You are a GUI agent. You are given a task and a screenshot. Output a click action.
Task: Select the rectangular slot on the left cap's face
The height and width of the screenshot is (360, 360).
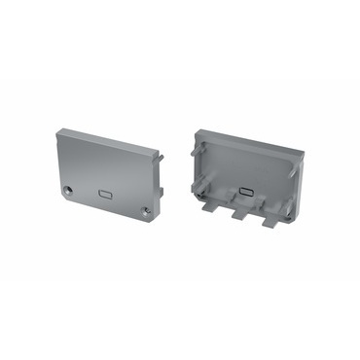pos(103,194)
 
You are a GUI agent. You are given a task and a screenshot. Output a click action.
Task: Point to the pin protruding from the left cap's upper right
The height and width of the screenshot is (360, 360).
pos(161,156)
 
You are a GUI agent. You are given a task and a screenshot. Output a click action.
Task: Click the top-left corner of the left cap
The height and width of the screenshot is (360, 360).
pos(59,128)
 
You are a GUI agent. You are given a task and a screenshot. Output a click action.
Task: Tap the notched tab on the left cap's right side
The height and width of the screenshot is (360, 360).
pos(160,192)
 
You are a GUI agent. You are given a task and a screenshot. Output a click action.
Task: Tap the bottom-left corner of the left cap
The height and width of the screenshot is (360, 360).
pos(58,191)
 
